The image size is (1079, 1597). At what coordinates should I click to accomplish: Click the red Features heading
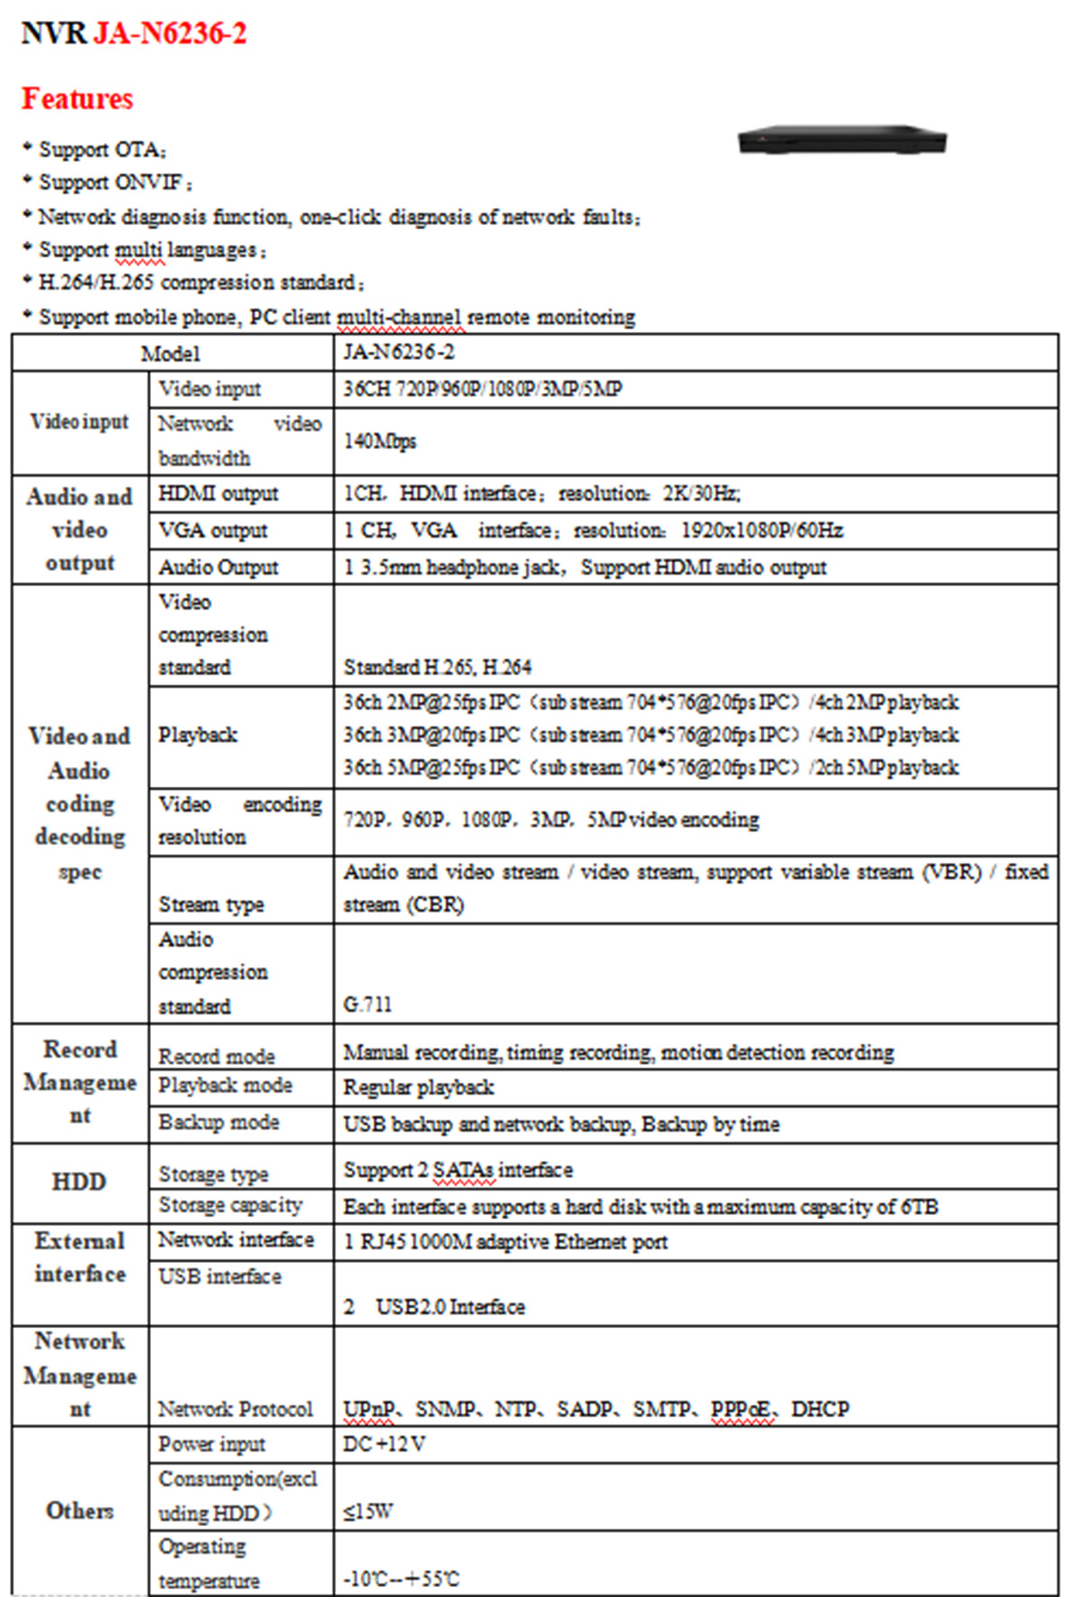tap(77, 99)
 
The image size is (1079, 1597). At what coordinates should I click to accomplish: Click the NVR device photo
tap(842, 140)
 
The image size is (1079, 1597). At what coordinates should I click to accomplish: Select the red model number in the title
tap(170, 34)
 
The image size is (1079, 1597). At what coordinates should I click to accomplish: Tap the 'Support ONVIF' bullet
tap(111, 183)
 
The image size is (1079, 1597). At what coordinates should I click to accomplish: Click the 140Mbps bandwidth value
tap(379, 442)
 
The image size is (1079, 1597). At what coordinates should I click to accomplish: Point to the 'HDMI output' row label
tap(218, 494)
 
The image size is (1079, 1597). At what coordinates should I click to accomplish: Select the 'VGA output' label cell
tap(213, 531)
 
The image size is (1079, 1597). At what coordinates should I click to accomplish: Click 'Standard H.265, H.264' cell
tap(437, 667)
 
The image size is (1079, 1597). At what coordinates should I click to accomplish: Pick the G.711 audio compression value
tap(368, 1004)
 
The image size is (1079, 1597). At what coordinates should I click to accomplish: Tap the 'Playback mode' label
tap(225, 1086)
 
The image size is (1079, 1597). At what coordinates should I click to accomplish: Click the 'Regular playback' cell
tap(418, 1088)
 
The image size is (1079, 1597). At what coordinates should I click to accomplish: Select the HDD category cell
tap(79, 1182)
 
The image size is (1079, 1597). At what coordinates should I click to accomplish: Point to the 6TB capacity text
tap(919, 1207)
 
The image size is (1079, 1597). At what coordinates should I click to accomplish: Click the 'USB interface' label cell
tap(219, 1277)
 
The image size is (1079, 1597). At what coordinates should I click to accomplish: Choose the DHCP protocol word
tap(819, 1409)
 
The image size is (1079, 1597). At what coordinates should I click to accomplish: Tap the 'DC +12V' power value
tap(384, 1444)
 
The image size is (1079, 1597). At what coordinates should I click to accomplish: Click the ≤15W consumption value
tap(368, 1512)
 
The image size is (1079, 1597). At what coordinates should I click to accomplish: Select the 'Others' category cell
tap(79, 1511)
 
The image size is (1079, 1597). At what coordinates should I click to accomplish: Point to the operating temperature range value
tap(401, 1579)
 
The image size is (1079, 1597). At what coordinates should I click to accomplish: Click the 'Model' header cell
tap(171, 353)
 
